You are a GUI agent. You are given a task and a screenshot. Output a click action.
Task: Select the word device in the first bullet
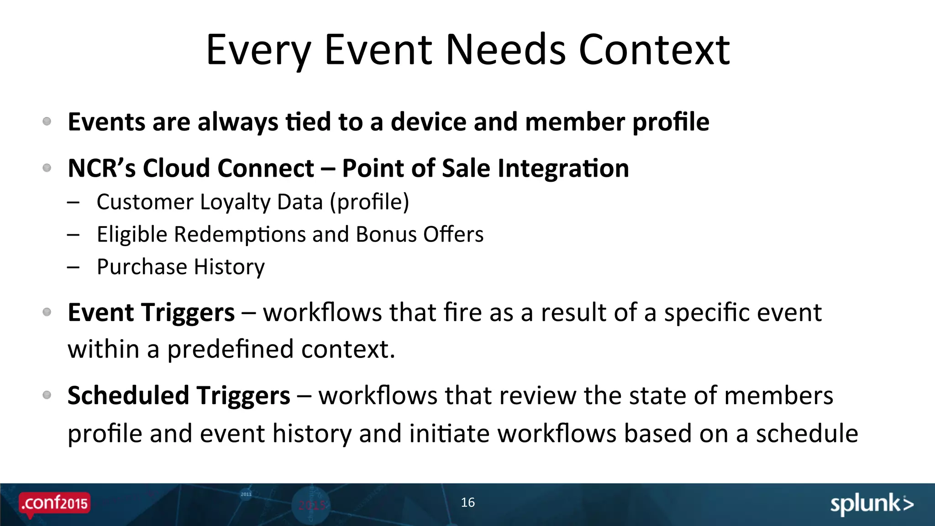(x=428, y=122)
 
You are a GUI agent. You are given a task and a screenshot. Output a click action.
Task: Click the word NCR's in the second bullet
(x=101, y=168)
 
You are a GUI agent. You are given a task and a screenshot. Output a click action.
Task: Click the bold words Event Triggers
(x=151, y=313)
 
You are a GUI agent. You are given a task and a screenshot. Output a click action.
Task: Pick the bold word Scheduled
(x=128, y=395)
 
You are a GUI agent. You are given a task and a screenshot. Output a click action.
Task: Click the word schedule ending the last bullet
(x=807, y=433)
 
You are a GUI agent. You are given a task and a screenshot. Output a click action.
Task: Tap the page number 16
(x=467, y=503)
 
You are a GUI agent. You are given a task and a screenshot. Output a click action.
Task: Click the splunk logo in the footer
(x=871, y=504)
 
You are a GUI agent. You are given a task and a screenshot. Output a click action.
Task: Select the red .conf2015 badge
(x=54, y=504)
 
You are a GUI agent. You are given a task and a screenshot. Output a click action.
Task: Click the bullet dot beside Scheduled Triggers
(x=47, y=395)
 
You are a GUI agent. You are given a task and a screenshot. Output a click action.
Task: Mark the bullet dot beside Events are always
(x=47, y=121)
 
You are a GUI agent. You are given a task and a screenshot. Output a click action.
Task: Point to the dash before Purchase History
(x=73, y=267)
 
